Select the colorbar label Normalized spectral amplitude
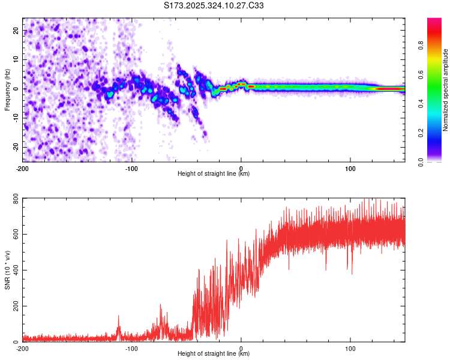pyautogui.click(x=445, y=90)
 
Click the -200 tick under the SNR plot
pyautogui.click(x=23, y=348)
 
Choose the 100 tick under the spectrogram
pyautogui.click(x=350, y=169)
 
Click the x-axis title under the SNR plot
pyautogui.click(x=214, y=353)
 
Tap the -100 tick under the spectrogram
pyautogui.click(x=132, y=169)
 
